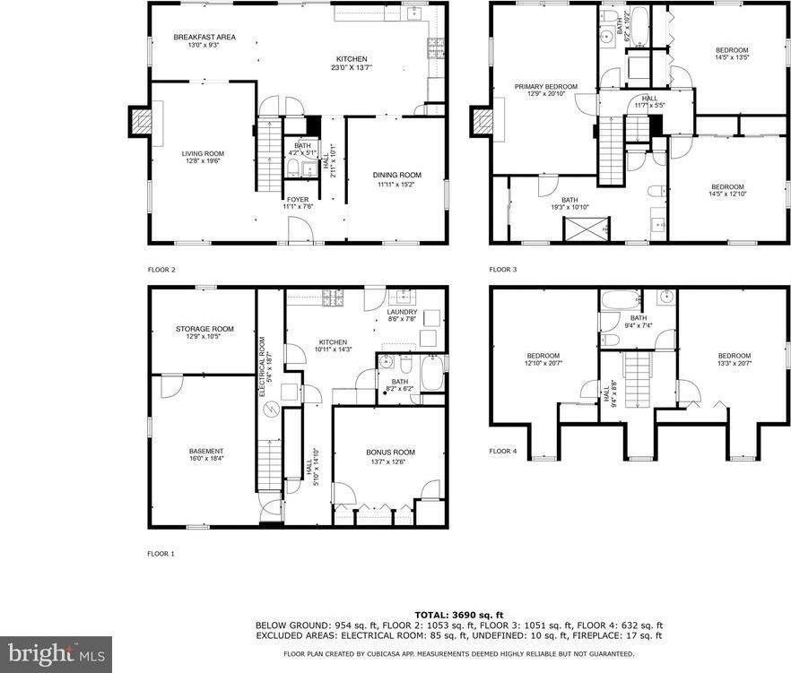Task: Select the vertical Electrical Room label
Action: [x=263, y=366]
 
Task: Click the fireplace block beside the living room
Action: [x=142, y=121]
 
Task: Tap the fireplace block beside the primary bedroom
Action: [x=482, y=122]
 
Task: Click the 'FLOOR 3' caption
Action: [x=502, y=269]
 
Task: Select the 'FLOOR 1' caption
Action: [x=161, y=554]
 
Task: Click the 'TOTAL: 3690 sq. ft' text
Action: [x=458, y=613]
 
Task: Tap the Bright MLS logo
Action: [x=56, y=653]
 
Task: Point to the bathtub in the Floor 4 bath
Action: [x=618, y=299]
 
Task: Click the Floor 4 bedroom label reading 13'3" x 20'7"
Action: [x=734, y=358]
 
